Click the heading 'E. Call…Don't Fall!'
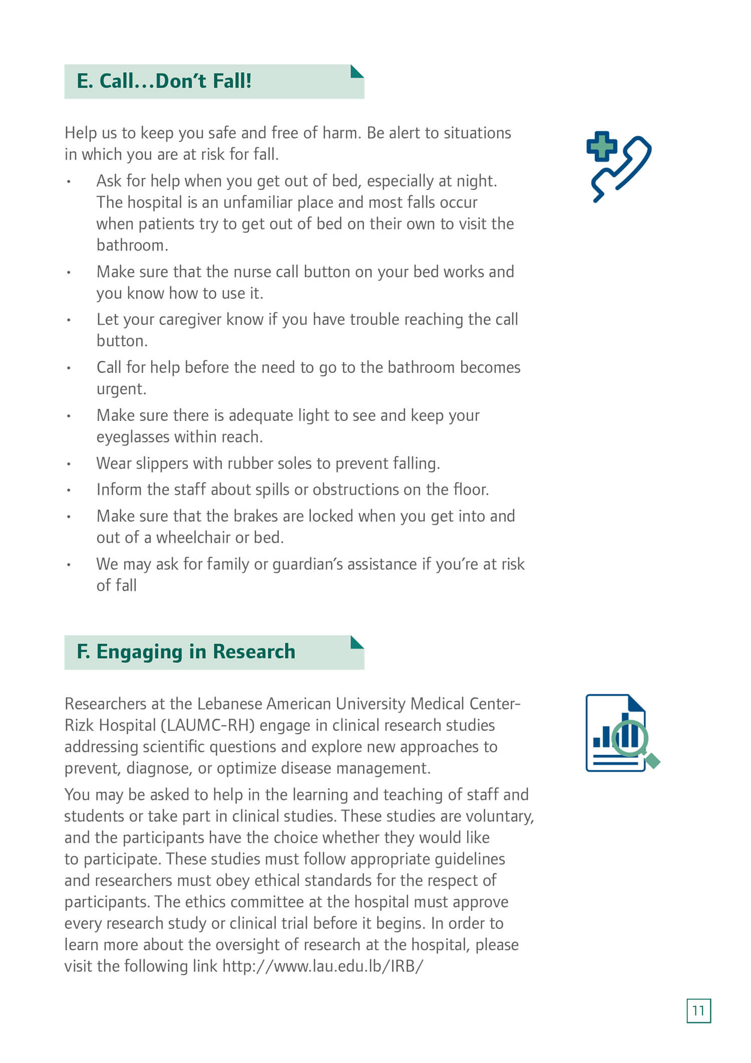(164, 81)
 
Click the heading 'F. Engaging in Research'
(186, 652)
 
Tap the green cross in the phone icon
(601, 146)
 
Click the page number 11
(698, 1010)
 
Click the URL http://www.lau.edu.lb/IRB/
(323, 966)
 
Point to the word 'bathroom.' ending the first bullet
(132, 245)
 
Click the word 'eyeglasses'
(133, 437)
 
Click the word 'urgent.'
(121, 389)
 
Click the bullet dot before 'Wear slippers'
(69, 464)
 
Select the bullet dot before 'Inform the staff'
(69, 490)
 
